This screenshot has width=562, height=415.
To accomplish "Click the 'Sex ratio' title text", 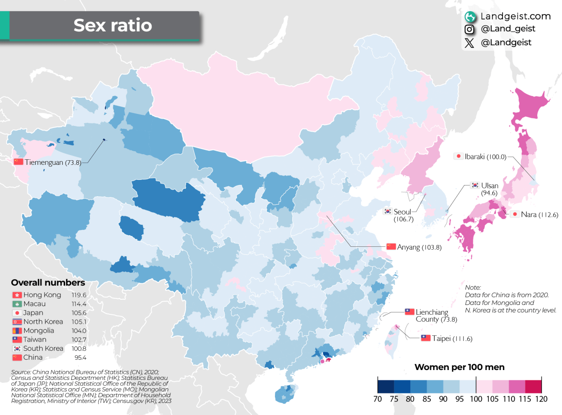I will click(x=112, y=25).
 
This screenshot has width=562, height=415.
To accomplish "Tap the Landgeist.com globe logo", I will click(x=470, y=16).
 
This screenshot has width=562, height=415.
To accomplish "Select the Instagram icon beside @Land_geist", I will click(x=470, y=30).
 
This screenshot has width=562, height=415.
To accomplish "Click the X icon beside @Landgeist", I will click(x=470, y=43).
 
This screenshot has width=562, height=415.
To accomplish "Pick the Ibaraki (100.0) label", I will click(x=487, y=156).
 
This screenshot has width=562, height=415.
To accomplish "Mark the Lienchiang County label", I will click(x=432, y=316).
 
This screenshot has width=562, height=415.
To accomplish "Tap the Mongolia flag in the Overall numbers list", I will click(x=17, y=331).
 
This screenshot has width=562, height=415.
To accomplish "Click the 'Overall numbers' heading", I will click(x=48, y=283).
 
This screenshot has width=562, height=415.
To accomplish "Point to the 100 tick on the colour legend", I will click(x=476, y=399).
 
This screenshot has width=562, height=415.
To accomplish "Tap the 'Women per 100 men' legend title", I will click(x=459, y=367).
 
